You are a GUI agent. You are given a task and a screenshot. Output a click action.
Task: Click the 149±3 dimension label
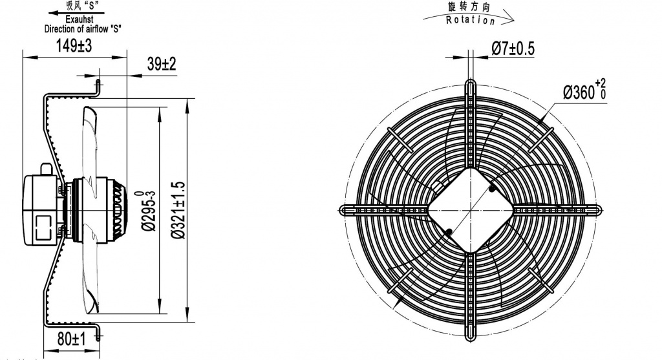click(74, 47)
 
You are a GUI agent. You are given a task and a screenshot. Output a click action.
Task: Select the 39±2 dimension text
click(162, 64)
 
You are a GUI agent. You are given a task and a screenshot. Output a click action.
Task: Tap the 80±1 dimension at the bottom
click(70, 338)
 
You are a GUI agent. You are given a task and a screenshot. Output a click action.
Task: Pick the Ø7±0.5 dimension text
click(513, 48)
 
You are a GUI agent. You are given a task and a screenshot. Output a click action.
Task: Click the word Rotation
click(471, 20)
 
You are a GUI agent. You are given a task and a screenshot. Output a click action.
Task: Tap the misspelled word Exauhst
click(83, 21)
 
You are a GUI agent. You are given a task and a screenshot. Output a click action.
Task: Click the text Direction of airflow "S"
click(83, 29)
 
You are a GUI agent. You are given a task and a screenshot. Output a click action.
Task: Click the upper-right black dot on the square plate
click(493, 189)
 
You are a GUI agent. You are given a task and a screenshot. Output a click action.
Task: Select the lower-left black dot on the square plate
click(449, 231)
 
